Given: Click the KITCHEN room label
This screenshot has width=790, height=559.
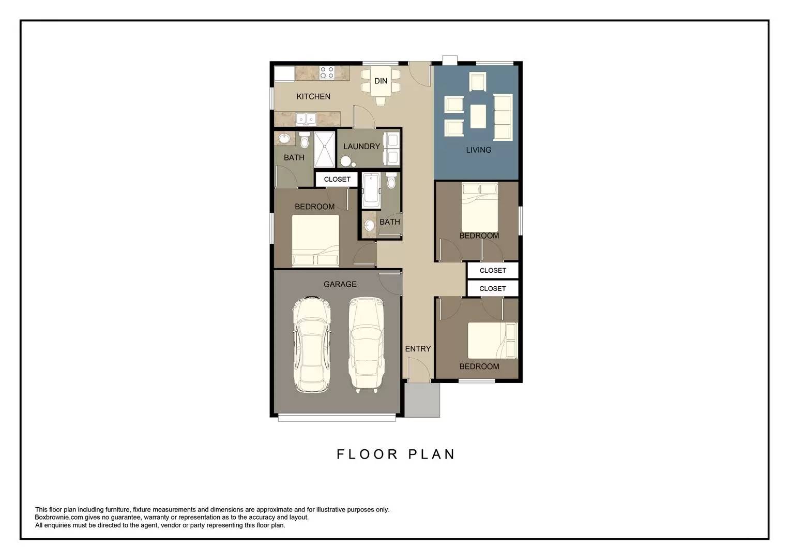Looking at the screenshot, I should (x=313, y=96).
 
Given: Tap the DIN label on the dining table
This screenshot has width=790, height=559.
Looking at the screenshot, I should (x=381, y=81).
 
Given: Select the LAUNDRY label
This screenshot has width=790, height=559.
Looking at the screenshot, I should (x=361, y=146).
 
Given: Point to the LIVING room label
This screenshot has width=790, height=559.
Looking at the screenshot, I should (x=478, y=150).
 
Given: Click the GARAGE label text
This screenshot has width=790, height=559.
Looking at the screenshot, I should (x=340, y=284).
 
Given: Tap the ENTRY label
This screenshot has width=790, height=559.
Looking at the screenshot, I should (x=418, y=349).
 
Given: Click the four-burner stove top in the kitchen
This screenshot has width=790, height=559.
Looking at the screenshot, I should (x=327, y=72).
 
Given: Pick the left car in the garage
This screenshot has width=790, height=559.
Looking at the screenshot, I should (x=311, y=345).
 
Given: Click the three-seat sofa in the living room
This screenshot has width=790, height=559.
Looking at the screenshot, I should (x=503, y=117).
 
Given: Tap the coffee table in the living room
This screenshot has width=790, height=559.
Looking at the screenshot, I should (x=478, y=116).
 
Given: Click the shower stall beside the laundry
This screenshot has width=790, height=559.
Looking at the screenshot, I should (x=325, y=149).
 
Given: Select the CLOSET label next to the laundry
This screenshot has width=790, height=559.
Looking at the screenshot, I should (x=337, y=179).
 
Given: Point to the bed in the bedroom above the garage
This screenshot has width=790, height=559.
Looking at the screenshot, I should (x=315, y=240).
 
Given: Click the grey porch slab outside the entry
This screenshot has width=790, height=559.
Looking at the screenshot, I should (x=422, y=400).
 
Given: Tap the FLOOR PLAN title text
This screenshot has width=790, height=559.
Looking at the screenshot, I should (x=396, y=454).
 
